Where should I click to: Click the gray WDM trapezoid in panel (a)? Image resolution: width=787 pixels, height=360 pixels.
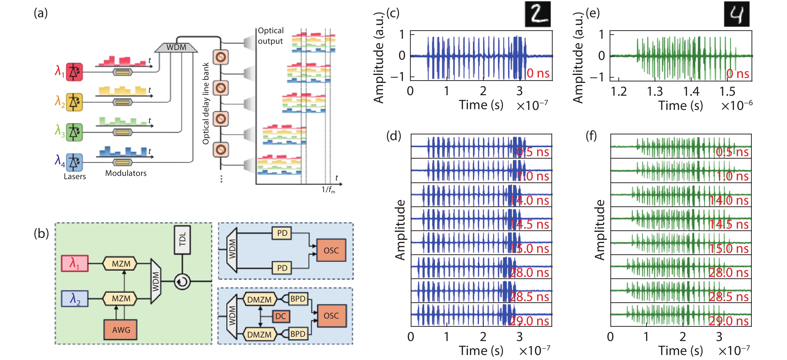pyautogui.click(x=176, y=47)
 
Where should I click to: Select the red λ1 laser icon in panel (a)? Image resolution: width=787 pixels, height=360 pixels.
pyautogui.click(x=74, y=72)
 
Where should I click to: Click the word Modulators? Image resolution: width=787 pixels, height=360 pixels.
pyautogui.click(x=126, y=173)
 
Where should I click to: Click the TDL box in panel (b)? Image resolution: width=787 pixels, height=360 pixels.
pyautogui.click(x=182, y=240)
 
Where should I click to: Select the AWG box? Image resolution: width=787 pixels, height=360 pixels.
pyautogui.click(x=121, y=330)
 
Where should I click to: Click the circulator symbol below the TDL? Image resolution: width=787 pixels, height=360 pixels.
pyautogui.click(x=182, y=282)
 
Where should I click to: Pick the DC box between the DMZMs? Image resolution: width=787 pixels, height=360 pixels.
pyautogui.click(x=281, y=316)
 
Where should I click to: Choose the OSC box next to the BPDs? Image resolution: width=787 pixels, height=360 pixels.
pyautogui.click(x=331, y=316)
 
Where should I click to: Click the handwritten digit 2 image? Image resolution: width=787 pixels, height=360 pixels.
pyautogui.click(x=538, y=14)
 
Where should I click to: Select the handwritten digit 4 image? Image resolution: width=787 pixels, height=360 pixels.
pyautogui.click(x=737, y=14)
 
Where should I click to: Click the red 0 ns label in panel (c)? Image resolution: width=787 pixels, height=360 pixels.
pyautogui.click(x=538, y=73)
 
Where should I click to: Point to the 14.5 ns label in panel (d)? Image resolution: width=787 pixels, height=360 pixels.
pyautogui.click(x=529, y=225)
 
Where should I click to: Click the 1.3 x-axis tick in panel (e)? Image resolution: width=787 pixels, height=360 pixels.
pyautogui.click(x=655, y=92)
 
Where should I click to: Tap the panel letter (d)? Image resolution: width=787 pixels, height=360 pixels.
pyautogui.click(x=393, y=136)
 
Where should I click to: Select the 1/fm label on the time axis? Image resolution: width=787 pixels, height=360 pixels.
pyautogui.click(x=328, y=190)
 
